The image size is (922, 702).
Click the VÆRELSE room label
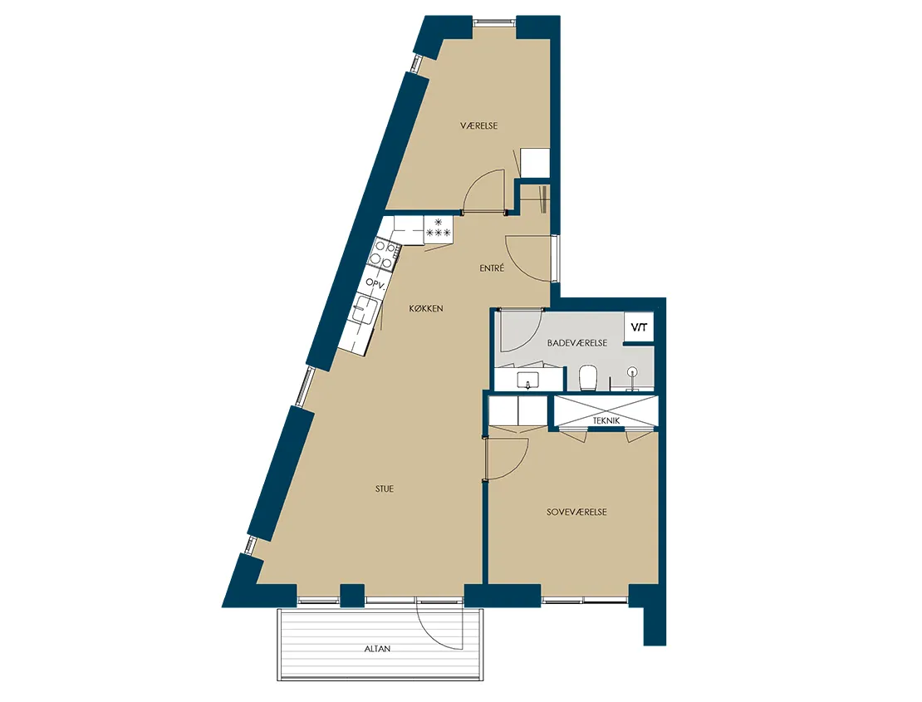point(478,125)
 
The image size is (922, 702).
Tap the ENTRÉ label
point(492,268)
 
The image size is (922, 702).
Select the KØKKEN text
point(426,308)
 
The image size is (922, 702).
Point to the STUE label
point(385,488)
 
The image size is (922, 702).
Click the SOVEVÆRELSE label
point(576,512)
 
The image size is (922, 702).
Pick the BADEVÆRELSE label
point(576,343)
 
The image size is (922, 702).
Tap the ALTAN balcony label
point(377,649)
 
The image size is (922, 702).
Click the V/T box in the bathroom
point(639,326)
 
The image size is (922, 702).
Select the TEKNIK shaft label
point(606,420)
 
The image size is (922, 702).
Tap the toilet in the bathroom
point(588,377)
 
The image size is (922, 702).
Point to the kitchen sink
point(365,309)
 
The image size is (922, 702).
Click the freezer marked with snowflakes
point(438,228)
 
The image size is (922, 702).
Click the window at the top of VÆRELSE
point(494,22)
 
